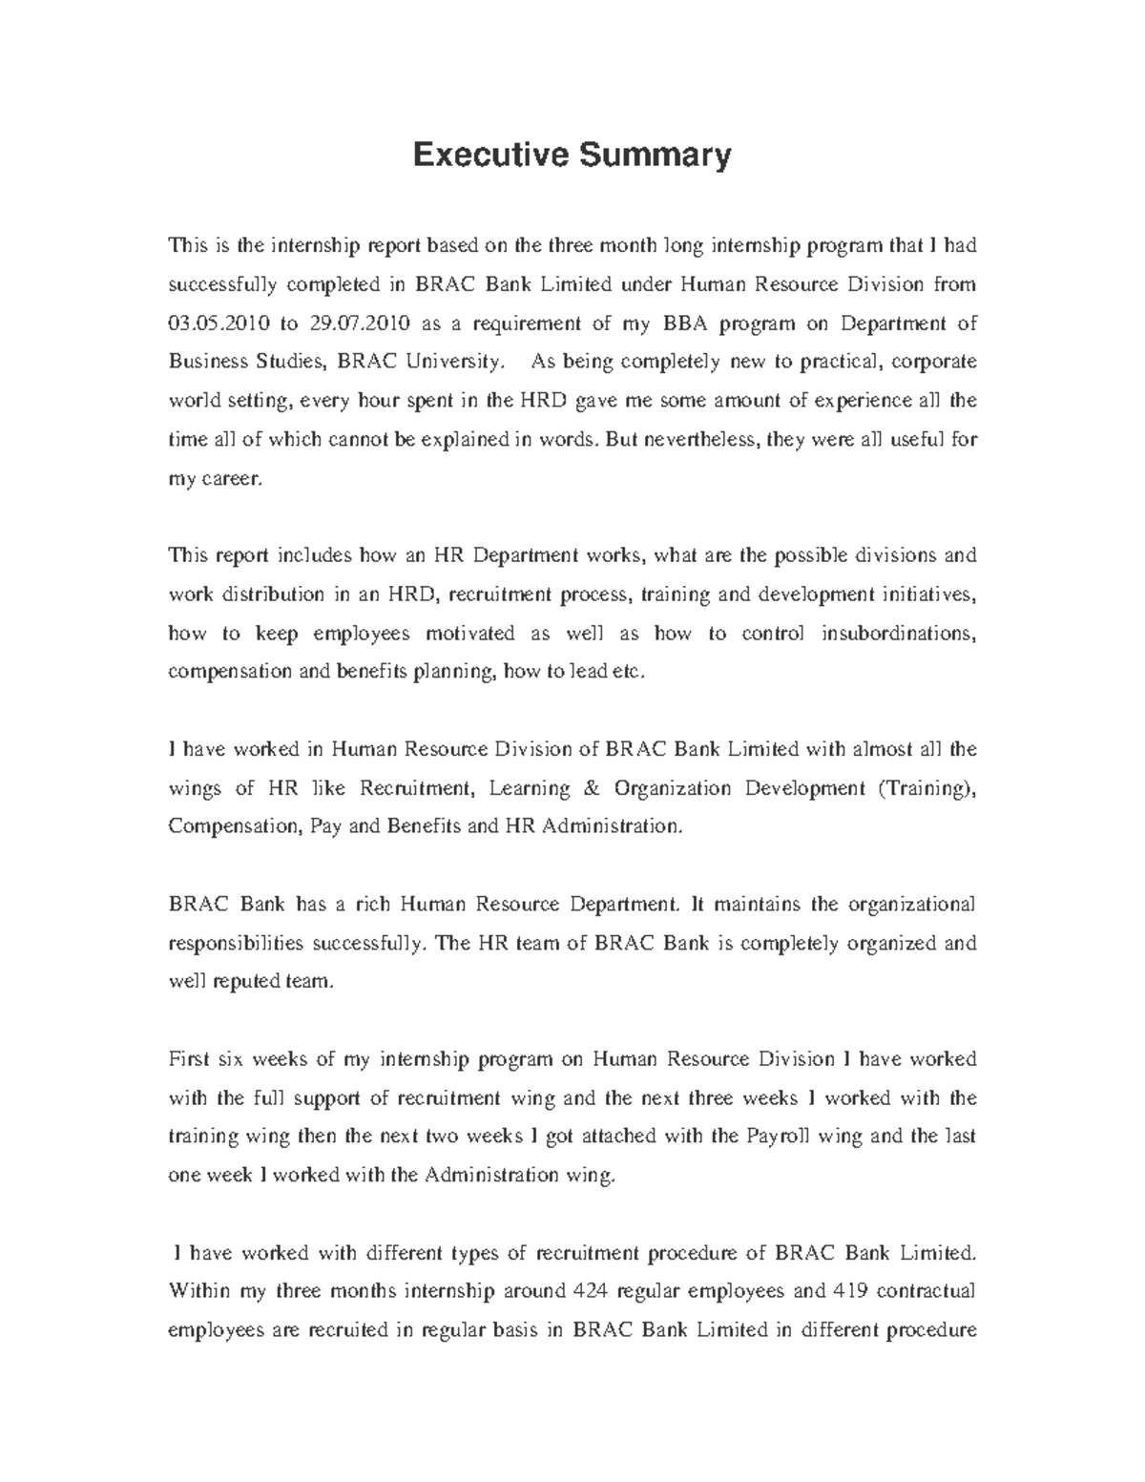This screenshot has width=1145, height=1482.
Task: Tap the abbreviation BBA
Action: click(681, 324)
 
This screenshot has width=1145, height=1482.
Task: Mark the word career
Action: click(229, 479)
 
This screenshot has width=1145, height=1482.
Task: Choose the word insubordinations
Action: click(898, 634)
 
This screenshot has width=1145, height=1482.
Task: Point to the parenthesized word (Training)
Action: click(922, 788)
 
